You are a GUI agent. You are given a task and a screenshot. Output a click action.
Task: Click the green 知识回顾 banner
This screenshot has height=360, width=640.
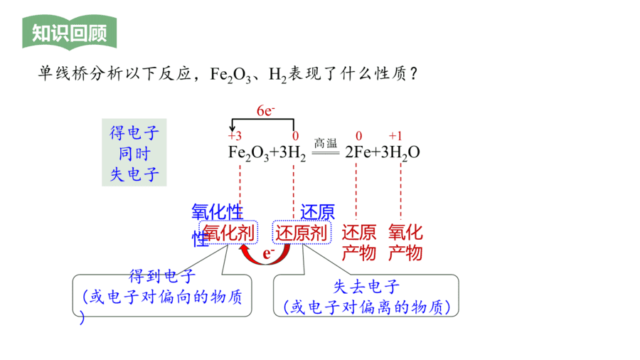70,33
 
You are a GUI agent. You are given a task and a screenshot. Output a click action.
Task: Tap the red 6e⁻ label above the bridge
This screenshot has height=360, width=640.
265,110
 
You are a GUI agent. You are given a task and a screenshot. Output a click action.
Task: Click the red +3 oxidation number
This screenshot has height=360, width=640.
235,135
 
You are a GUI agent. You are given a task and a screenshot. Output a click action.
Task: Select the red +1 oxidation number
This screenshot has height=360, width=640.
395,135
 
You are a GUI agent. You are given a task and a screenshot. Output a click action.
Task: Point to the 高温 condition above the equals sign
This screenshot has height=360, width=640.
325,143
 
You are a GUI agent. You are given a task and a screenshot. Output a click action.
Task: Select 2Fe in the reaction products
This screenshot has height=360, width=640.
358,152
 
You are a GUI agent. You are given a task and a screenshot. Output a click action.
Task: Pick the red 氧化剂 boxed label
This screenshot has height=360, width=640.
228,233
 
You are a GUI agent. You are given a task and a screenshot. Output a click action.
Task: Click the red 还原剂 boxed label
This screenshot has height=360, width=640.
302,233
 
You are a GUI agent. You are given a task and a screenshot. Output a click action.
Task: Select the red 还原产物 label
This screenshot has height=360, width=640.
359,243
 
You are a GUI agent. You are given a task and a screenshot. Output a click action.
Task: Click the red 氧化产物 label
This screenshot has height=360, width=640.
405,243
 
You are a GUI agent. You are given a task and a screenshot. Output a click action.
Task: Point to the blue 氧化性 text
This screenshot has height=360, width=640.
217,213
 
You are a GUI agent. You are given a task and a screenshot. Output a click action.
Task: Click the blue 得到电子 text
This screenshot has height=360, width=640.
162,276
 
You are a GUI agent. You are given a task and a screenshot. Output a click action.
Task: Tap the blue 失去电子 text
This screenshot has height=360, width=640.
366,287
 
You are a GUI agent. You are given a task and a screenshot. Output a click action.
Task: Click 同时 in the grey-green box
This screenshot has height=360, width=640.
134,154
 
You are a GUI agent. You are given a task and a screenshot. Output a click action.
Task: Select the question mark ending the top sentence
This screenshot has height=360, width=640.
414,74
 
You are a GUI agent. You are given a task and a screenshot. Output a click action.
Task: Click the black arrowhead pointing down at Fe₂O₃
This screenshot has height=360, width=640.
233,128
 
